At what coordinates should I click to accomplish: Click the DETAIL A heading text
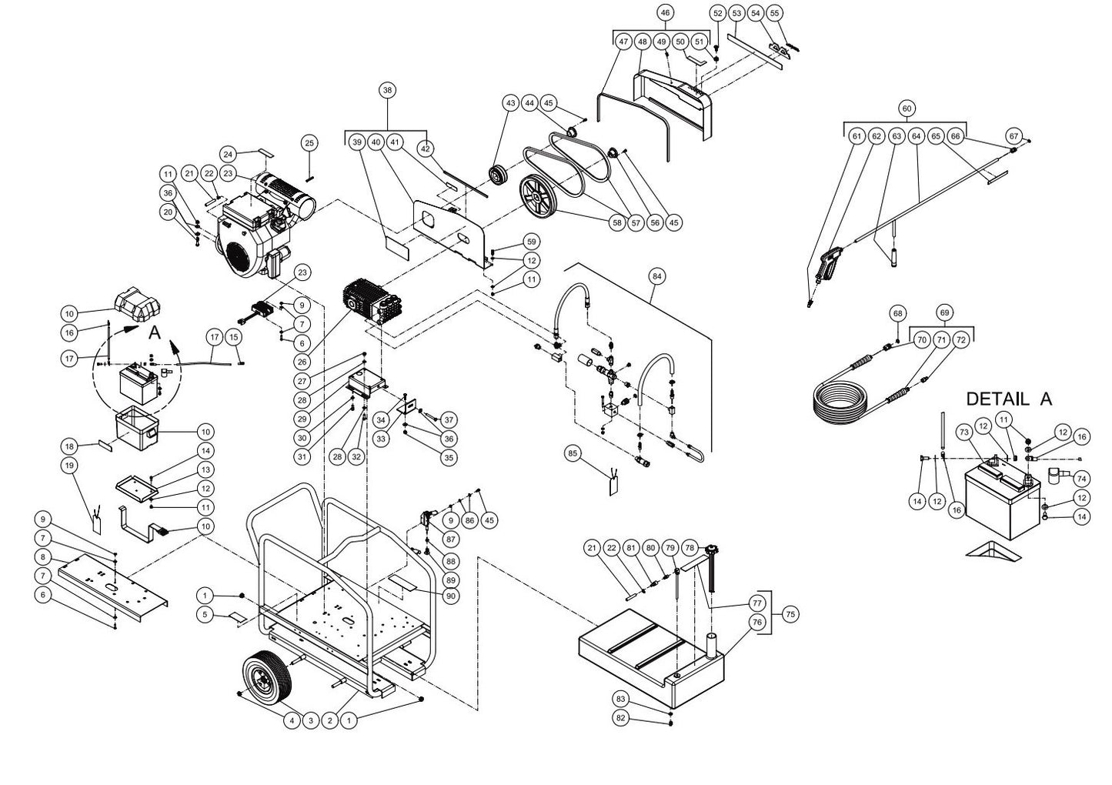click(1008, 399)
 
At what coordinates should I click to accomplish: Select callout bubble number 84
click(656, 275)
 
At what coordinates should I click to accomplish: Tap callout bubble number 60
click(907, 109)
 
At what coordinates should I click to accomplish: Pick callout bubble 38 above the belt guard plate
click(387, 91)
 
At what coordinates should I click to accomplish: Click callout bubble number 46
click(666, 13)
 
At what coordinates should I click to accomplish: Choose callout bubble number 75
click(789, 614)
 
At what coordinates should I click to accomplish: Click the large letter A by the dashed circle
click(154, 332)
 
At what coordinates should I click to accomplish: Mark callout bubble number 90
click(451, 596)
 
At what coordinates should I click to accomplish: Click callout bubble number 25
click(309, 143)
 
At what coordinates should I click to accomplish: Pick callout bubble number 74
click(1080, 478)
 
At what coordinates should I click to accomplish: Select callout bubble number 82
click(621, 717)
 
